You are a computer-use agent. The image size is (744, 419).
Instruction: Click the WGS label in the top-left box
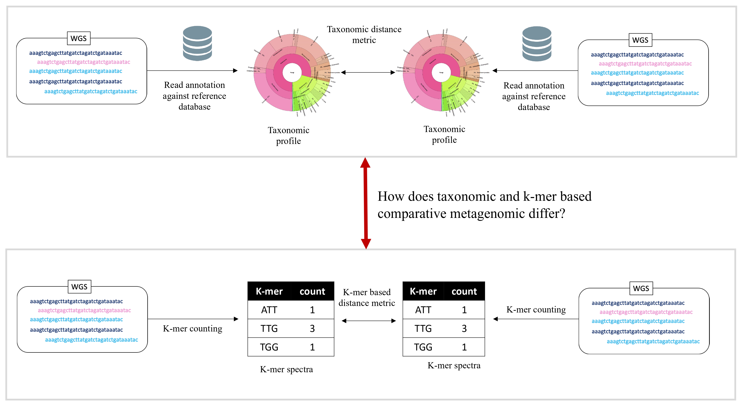[78, 39]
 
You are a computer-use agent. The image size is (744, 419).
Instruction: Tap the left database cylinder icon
[198, 43]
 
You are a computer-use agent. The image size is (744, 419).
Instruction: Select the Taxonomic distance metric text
[364, 34]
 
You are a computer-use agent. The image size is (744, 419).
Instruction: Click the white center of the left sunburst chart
[292, 73]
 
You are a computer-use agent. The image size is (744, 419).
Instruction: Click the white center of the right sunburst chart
[441, 73]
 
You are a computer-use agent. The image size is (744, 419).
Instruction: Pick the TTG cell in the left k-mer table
[269, 328]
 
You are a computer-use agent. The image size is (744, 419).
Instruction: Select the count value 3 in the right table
[464, 328]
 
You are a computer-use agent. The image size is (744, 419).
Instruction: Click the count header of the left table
[312, 291]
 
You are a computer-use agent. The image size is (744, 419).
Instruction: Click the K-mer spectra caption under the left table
[286, 369]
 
